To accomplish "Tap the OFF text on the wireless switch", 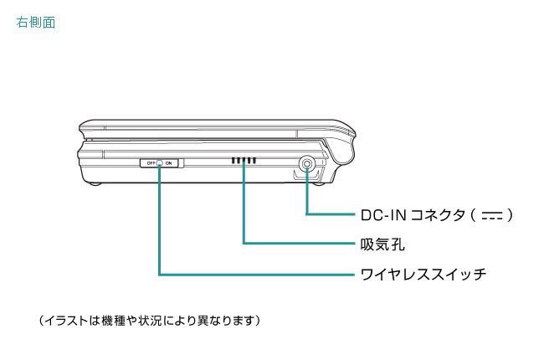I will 151,162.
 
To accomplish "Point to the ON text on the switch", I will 169,162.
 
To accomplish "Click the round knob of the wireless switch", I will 160,162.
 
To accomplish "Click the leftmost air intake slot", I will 234,160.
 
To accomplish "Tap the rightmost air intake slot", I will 254,160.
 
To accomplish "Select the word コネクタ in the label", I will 436,215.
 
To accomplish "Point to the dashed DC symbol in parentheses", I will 492,216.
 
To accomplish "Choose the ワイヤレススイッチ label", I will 423,274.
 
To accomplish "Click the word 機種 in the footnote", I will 111,320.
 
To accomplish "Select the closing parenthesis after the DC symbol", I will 510,215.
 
